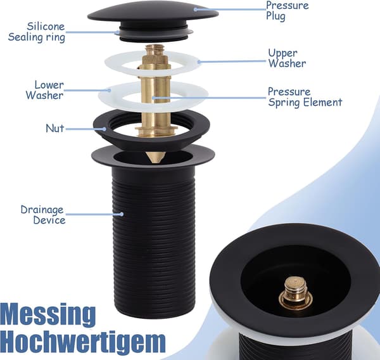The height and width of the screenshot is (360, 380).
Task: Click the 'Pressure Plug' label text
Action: coord(288,11)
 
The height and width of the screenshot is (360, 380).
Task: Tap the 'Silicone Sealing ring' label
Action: coord(37,32)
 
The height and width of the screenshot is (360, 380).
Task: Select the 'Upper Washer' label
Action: coord(287,58)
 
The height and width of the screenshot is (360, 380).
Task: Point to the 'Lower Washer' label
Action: coord(45,90)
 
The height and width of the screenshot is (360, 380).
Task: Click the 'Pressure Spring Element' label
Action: coord(305,97)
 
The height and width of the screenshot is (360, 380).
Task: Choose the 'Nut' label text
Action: coord(55,128)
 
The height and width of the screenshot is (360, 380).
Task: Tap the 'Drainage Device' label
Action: coord(43,215)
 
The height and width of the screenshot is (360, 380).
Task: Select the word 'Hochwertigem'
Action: coord(83,342)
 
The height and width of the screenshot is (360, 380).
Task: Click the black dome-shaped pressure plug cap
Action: coord(153,13)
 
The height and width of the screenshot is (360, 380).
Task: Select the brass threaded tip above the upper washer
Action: coord(155,49)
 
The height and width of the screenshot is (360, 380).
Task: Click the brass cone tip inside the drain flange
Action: coord(156,157)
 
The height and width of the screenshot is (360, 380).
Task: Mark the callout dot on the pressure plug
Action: coord(195,10)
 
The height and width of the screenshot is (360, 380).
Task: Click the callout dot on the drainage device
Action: coord(122,214)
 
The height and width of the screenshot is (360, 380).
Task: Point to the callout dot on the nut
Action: coord(104,129)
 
